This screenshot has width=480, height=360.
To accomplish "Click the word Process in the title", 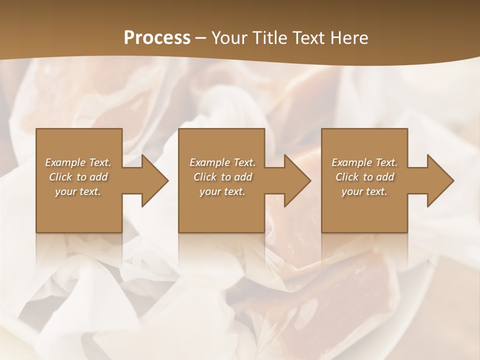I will (x=157, y=38).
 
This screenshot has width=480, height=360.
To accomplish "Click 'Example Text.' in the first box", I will (x=78, y=162).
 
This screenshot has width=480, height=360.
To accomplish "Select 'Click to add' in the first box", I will (x=78, y=177).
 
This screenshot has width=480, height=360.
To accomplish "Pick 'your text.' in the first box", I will (x=78, y=191).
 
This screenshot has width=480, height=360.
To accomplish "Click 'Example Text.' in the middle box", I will (x=222, y=162).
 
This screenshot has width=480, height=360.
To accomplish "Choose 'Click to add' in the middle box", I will (x=222, y=177).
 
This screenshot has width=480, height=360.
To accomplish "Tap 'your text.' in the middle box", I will (x=222, y=191).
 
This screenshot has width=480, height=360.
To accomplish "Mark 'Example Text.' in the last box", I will (x=364, y=162).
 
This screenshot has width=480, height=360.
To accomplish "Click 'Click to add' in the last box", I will (x=364, y=177).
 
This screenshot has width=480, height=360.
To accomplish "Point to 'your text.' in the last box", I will (x=364, y=191).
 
